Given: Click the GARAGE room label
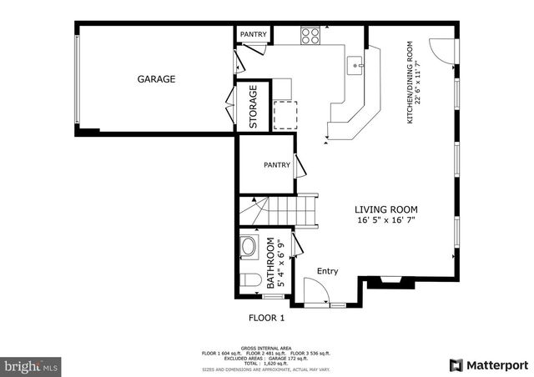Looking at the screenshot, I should click(x=156, y=80).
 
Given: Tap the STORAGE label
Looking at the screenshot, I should click(x=254, y=107).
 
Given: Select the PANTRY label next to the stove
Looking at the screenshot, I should click(x=253, y=34).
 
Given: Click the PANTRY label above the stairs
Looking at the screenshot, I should click(x=277, y=165).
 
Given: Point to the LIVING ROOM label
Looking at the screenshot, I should click(x=385, y=210).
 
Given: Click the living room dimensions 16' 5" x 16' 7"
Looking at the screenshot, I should click(x=385, y=221).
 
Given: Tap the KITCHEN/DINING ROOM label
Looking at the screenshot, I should click(x=411, y=83).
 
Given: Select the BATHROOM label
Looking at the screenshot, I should click(x=270, y=262).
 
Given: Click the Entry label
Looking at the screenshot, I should click(x=327, y=271).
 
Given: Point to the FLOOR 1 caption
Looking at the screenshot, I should click(x=267, y=318).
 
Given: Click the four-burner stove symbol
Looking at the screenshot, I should click(x=310, y=35).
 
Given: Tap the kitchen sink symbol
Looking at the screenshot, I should click(x=355, y=64).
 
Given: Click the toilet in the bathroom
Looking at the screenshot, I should click(x=249, y=280).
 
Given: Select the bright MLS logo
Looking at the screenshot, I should click(x=32, y=365).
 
